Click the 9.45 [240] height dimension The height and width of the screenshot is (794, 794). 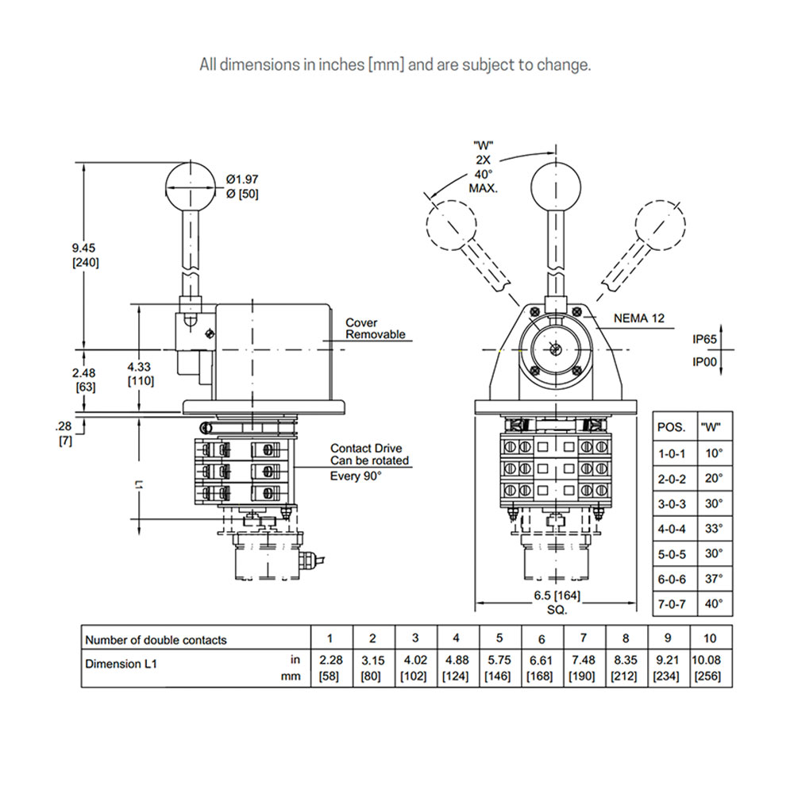pos(85,254)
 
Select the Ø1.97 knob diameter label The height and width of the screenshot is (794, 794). pos(242,186)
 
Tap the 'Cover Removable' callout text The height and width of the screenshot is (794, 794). pos(375,329)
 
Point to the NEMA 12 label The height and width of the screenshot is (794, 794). pos(638,318)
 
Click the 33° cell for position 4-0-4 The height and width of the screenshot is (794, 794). pos(714,528)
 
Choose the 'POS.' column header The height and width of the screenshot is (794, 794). pos(672,427)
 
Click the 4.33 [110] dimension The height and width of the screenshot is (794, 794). pos(141,374)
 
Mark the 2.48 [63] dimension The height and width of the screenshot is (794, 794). pos(85,380)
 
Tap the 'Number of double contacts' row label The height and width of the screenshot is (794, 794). pos(156,640)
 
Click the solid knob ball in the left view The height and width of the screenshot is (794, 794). pos(190,185)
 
